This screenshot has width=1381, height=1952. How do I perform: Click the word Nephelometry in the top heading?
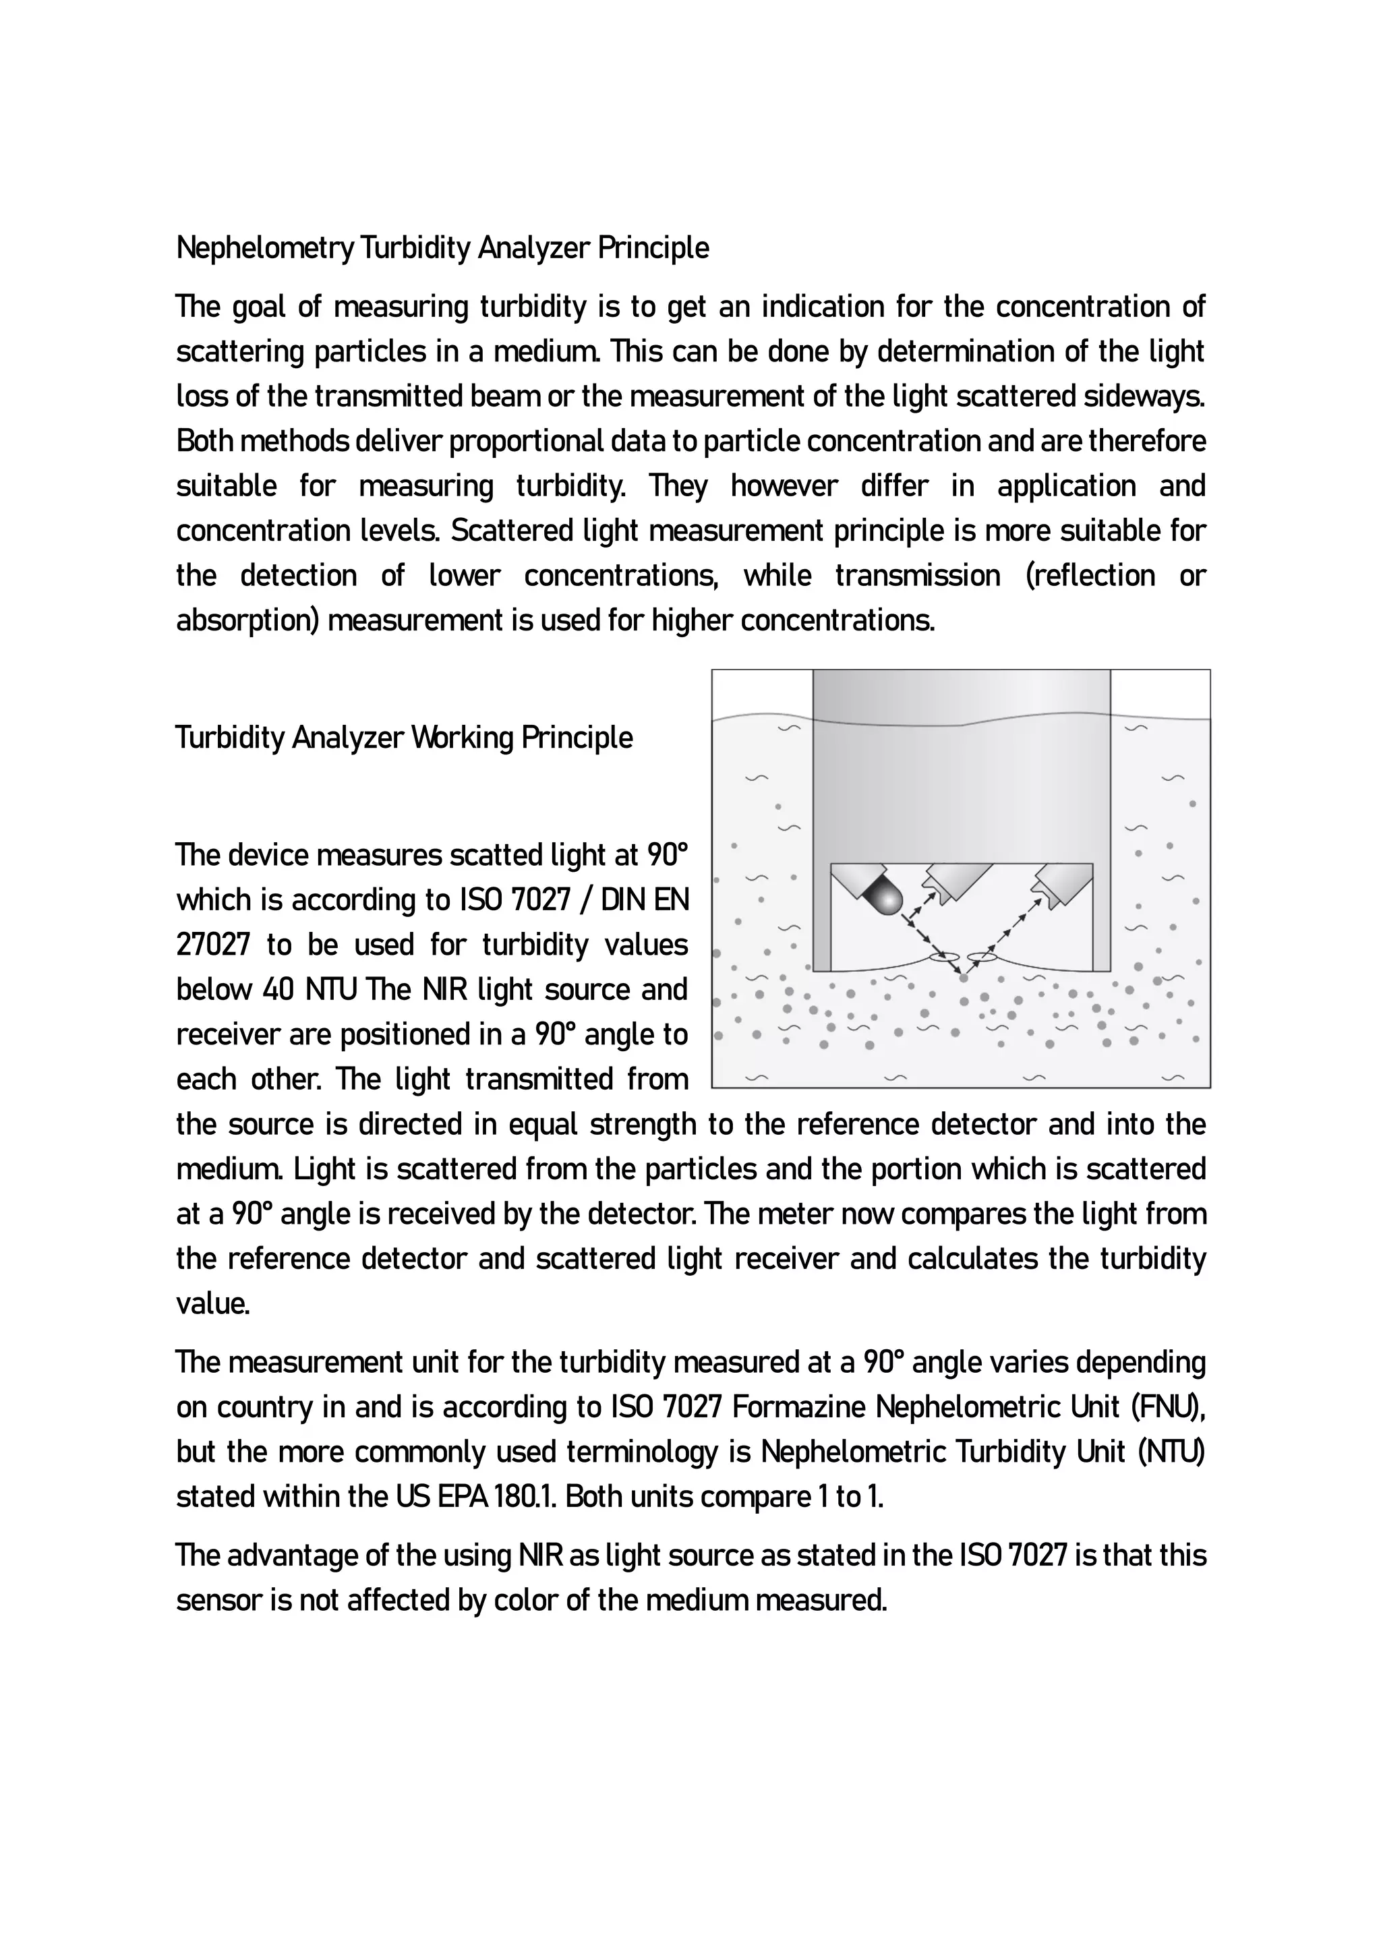264,248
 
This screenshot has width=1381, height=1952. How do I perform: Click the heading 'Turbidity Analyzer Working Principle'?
404,737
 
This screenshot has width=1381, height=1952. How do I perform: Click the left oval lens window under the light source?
945,957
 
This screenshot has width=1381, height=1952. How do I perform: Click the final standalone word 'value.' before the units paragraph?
212,1303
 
